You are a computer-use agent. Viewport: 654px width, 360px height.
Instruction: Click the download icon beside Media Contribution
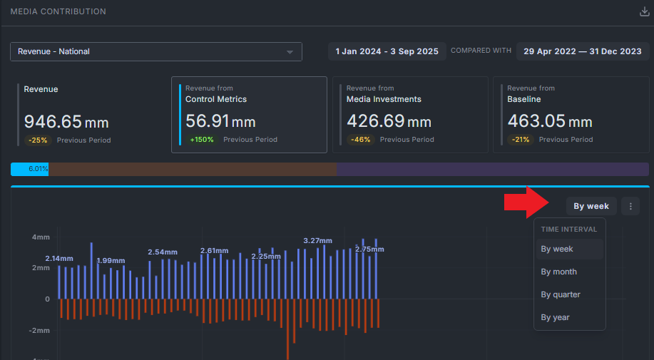coord(645,11)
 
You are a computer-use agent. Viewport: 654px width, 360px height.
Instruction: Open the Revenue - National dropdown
coord(156,51)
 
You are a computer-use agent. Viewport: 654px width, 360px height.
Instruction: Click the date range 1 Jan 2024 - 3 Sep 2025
coord(387,51)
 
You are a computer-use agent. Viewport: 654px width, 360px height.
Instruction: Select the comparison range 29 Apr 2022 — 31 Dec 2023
coord(583,51)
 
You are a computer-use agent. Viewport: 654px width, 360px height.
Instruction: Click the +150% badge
coord(202,140)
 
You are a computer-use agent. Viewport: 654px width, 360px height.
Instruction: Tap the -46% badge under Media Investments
coord(361,140)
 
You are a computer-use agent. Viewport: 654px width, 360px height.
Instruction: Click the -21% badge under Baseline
coord(521,140)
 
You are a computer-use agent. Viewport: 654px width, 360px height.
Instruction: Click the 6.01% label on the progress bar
coord(39,169)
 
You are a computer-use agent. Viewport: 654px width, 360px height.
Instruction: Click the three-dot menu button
coord(630,206)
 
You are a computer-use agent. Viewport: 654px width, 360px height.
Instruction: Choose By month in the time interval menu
coord(559,272)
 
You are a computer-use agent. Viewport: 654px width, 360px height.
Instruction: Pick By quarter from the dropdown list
coord(561,294)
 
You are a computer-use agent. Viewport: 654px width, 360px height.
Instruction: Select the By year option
coord(555,317)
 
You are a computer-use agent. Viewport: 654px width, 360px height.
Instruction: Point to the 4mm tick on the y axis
coord(41,237)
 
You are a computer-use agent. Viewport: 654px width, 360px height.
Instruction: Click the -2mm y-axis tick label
coord(40,331)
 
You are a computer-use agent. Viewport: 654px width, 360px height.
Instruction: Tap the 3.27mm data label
coord(318,241)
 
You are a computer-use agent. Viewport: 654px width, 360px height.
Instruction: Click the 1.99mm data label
coord(111,261)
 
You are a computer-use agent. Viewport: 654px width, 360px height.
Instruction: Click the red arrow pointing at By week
coord(526,202)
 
